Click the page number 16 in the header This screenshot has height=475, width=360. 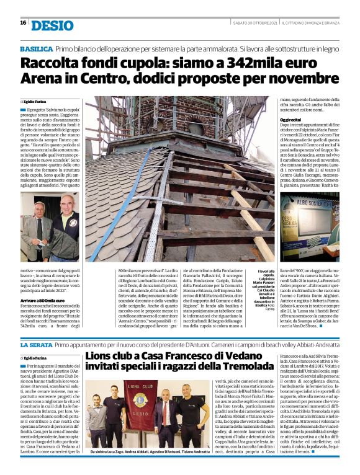[x=23, y=23]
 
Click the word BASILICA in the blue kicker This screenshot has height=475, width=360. [x=36, y=48]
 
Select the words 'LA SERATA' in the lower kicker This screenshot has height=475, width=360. [x=35, y=344]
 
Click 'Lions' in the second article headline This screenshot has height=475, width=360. [x=102, y=356]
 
